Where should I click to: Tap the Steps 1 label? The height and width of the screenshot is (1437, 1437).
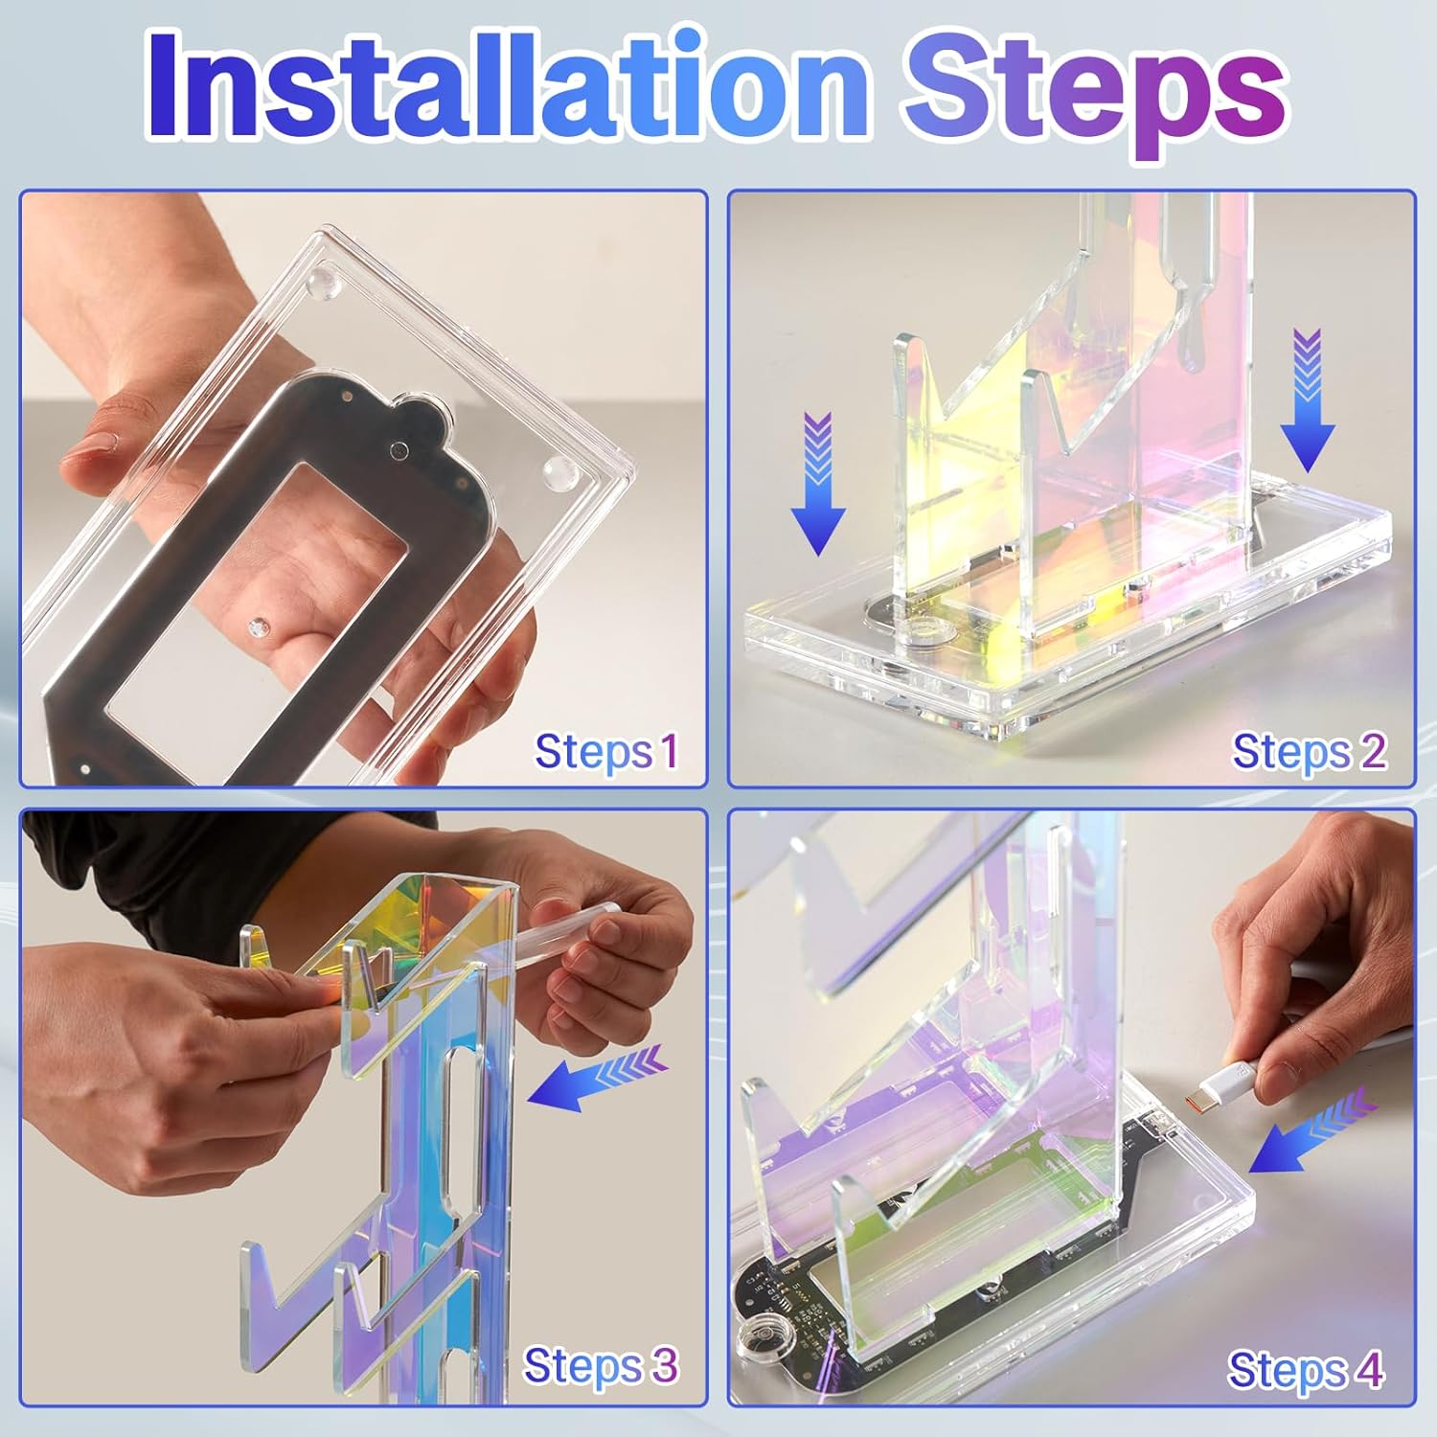(x=606, y=751)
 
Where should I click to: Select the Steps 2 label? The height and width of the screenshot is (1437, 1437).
(x=1309, y=751)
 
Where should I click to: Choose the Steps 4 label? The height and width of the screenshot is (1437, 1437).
(x=1306, y=1369)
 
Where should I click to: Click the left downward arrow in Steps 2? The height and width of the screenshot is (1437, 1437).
(x=817, y=484)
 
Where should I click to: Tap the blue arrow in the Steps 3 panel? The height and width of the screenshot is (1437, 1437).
(x=596, y=1077)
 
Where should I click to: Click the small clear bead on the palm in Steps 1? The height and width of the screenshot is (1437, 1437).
(x=256, y=627)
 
